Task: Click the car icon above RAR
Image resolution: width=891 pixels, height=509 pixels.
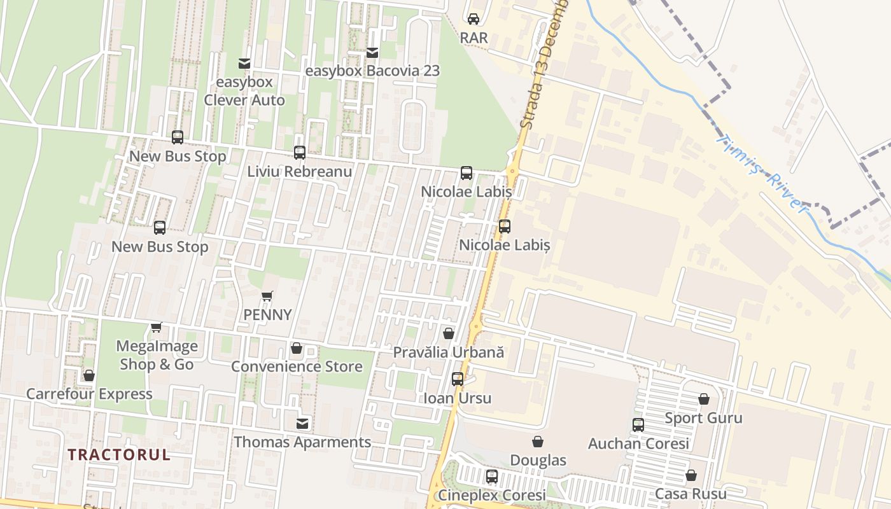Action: [x=474, y=19]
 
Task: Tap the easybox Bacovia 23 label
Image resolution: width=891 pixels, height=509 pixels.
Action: [x=372, y=71]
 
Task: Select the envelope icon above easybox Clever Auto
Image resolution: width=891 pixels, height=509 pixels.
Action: [x=244, y=63]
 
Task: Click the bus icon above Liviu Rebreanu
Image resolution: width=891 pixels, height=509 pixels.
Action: [x=300, y=153]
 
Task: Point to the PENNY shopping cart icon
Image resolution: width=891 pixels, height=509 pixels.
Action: [x=267, y=296]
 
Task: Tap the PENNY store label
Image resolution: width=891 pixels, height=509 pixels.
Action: [x=267, y=314]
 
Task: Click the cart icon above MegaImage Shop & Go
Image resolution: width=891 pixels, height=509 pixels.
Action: [x=156, y=328]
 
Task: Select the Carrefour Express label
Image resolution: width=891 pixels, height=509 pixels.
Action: [x=89, y=394]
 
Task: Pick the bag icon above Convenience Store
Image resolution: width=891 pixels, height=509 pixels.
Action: [x=296, y=348]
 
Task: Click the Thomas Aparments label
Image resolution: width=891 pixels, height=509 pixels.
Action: [x=302, y=442]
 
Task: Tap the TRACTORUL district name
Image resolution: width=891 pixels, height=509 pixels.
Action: [x=119, y=454]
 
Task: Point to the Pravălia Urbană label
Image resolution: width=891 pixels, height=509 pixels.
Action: [x=448, y=352]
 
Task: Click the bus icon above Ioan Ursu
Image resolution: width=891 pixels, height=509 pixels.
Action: [x=458, y=379]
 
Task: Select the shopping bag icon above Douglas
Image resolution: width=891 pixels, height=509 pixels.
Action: [x=538, y=442]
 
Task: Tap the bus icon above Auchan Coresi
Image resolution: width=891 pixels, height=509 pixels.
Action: [x=638, y=425]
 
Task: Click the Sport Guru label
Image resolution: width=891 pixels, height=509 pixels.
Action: [x=703, y=418]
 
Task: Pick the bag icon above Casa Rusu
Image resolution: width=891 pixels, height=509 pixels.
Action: [x=691, y=475]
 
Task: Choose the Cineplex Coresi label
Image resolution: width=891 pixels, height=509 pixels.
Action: [x=491, y=495]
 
